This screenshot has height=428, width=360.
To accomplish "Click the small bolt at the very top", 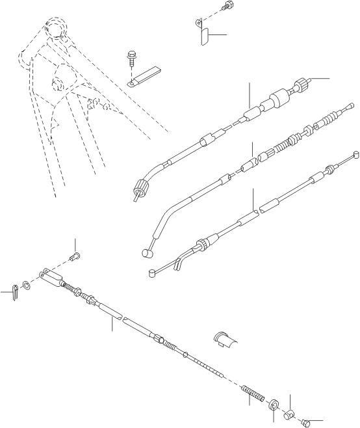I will click(x=226, y=7).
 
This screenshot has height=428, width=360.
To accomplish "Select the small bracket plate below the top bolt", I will click(x=201, y=34).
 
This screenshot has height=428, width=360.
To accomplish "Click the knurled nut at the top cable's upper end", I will click(x=301, y=85).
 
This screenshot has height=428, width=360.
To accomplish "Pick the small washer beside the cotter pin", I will click(x=26, y=284).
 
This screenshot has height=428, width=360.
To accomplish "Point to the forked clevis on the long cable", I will click(x=51, y=277).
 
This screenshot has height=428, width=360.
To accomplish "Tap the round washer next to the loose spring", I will click(x=274, y=405).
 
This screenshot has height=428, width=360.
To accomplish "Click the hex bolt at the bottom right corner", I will click(x=306, y=422).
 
